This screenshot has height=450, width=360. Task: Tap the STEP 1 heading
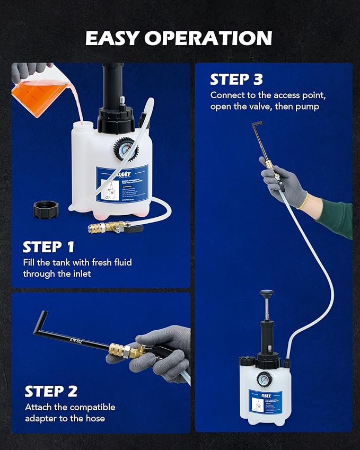(x=48, y=248)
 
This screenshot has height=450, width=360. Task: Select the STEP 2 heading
(x=51, y=392)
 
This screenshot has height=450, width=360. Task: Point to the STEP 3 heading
(x=236, y=80)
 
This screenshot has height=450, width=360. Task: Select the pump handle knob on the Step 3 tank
(x=266, y=294)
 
